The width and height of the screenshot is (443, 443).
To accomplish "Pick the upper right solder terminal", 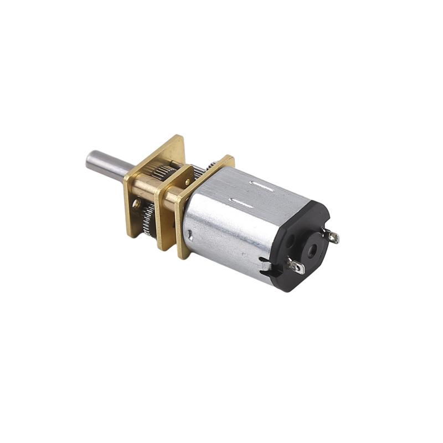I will tap(332, 236).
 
